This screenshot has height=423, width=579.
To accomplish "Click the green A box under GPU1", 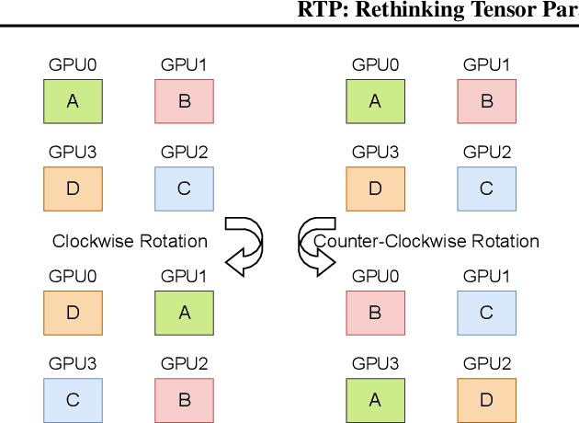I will click(x=184, y=313).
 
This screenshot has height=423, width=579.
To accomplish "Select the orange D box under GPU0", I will click(x=73, y=313).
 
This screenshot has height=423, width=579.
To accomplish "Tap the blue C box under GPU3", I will click(x=73, y=400).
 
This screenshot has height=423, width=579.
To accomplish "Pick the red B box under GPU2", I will click(x=184, y=400).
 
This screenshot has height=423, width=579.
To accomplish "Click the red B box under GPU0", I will click(x=375, y=313).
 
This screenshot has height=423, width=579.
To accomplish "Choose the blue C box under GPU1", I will click(x=486, y=313).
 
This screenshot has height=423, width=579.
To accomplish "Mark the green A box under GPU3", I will click(x=375, y=400).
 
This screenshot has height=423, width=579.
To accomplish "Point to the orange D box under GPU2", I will click(x=486, y=400).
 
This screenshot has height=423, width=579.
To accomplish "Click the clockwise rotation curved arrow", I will click(x=244, y=246).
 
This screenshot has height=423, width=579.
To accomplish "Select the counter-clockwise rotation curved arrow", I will click(x=315, y=246).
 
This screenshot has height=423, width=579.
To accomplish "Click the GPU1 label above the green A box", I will click(x=184, y=276).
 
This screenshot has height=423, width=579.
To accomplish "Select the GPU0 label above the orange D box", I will click(x=73, y=276).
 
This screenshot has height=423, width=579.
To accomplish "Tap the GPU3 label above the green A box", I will click(x=375, y=363).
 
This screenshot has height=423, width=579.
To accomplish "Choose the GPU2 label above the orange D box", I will click(x=486, y=363).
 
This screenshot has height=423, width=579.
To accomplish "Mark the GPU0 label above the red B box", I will click(x=375, y=276).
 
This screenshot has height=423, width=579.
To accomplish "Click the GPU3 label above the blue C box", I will click(x=73, y=363).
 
